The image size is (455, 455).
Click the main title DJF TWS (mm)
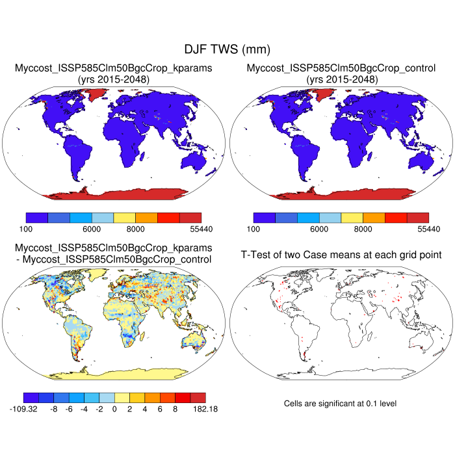227,49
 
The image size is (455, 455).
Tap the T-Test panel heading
341,254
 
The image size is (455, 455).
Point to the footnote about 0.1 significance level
340,404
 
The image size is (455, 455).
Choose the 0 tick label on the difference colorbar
114,409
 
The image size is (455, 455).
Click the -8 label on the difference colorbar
55,409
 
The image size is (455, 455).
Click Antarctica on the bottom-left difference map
117,372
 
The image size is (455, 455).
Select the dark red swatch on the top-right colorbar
418,218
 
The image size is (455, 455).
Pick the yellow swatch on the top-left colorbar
125,218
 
